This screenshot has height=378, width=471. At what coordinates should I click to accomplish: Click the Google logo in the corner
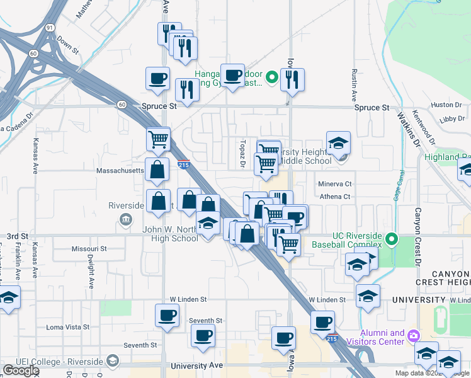[21, 370]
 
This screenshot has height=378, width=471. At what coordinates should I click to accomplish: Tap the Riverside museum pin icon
[126, 219]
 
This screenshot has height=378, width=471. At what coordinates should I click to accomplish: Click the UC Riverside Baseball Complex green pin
[392, 239]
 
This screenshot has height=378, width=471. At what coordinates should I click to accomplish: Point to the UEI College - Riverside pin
[113, 360]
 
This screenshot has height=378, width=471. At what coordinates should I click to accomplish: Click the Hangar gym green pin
[271, 78]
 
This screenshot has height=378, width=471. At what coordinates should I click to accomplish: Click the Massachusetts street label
[120, 171]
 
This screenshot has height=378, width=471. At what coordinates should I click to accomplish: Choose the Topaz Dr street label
[242, 153]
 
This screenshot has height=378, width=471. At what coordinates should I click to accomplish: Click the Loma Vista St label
[68, 327]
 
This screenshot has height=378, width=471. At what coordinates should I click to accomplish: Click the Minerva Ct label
[334, 184]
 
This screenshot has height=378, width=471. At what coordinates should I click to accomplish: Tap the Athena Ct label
[335, 197]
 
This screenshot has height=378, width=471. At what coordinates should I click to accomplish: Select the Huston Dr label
[442, 105]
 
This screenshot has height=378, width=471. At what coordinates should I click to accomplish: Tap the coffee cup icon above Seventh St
[167, 314]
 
